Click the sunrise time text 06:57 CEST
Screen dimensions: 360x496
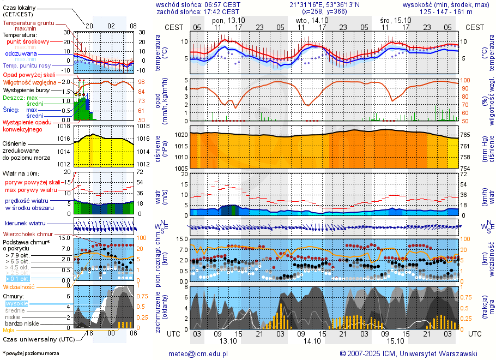(x=221, y=4)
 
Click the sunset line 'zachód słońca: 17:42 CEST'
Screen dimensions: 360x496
(x=197, y=11)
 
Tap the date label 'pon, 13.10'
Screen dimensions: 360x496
(x=228, y=20)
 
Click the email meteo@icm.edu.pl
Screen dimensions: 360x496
(x=198, y=353)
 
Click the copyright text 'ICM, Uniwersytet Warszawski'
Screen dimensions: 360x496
(x=424, y=353)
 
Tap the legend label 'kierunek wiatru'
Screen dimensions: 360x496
(x=25, y=224)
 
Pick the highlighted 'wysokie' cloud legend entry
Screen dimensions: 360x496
(x=16, y=303)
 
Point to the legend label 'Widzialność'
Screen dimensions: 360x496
(x=19, y=286)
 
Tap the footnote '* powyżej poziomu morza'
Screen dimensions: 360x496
(x=31, y=353)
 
